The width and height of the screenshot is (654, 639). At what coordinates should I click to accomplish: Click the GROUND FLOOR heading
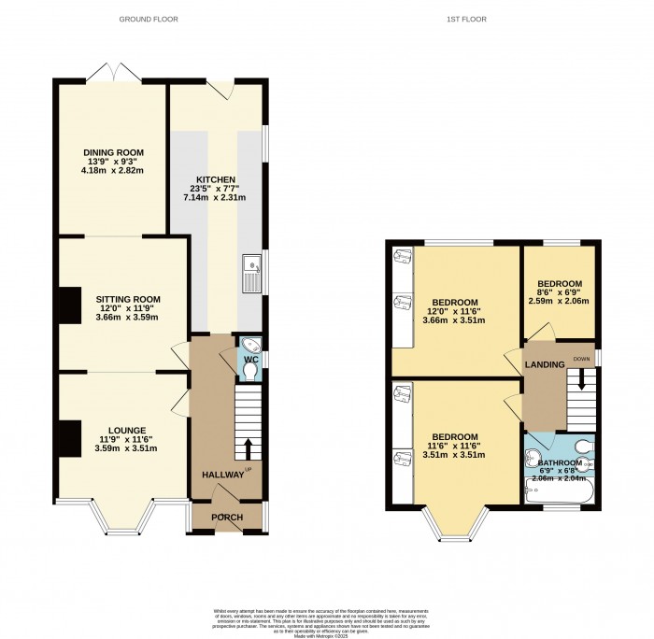[149, 19]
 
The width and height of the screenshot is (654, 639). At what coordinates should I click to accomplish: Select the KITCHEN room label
[215, 179]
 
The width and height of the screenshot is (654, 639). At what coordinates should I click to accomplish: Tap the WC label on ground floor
[250, 359]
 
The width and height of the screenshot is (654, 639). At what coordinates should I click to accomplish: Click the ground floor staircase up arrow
[249, 447]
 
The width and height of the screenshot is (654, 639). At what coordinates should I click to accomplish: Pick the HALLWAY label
[223, 475]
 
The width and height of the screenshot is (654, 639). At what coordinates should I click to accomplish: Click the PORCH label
[226, 518]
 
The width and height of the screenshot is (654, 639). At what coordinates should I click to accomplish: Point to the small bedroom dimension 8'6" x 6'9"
[559, 292]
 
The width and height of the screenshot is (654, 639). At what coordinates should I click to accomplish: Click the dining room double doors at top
[112, 73]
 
